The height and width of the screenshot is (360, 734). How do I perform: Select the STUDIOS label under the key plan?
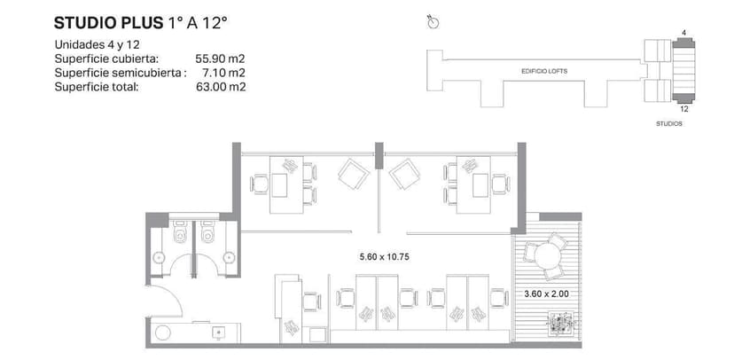point(669,125)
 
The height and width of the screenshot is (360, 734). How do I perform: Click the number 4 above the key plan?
point(683,33)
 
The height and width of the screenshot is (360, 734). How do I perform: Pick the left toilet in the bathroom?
point(180,234)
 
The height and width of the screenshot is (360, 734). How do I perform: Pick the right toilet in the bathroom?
point(208,234)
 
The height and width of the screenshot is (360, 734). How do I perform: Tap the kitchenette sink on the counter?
point(218,333)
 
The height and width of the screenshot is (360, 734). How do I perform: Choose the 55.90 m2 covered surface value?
point(220,59)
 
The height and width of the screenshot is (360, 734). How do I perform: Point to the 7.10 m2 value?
point(223,73)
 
